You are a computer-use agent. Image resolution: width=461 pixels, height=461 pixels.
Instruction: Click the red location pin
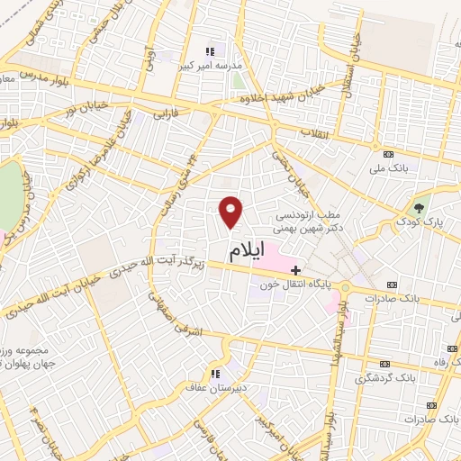pyautogui.click(x=231, y=212)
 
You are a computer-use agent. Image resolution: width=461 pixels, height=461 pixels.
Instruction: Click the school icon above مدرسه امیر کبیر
pyautogui.click(x=210, y=50)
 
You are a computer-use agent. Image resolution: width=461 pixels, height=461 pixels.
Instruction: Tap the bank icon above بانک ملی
pyautogui.click(x=389, y=154)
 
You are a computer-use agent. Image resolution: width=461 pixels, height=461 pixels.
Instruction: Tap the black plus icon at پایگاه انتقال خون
pyautogui.click(x=295, y=269)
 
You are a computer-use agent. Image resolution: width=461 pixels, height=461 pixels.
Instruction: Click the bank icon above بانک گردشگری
pyautogui.click(x=386, y=364)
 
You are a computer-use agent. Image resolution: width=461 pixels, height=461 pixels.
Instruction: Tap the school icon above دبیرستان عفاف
pyautogui.click(x=215, y=374)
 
